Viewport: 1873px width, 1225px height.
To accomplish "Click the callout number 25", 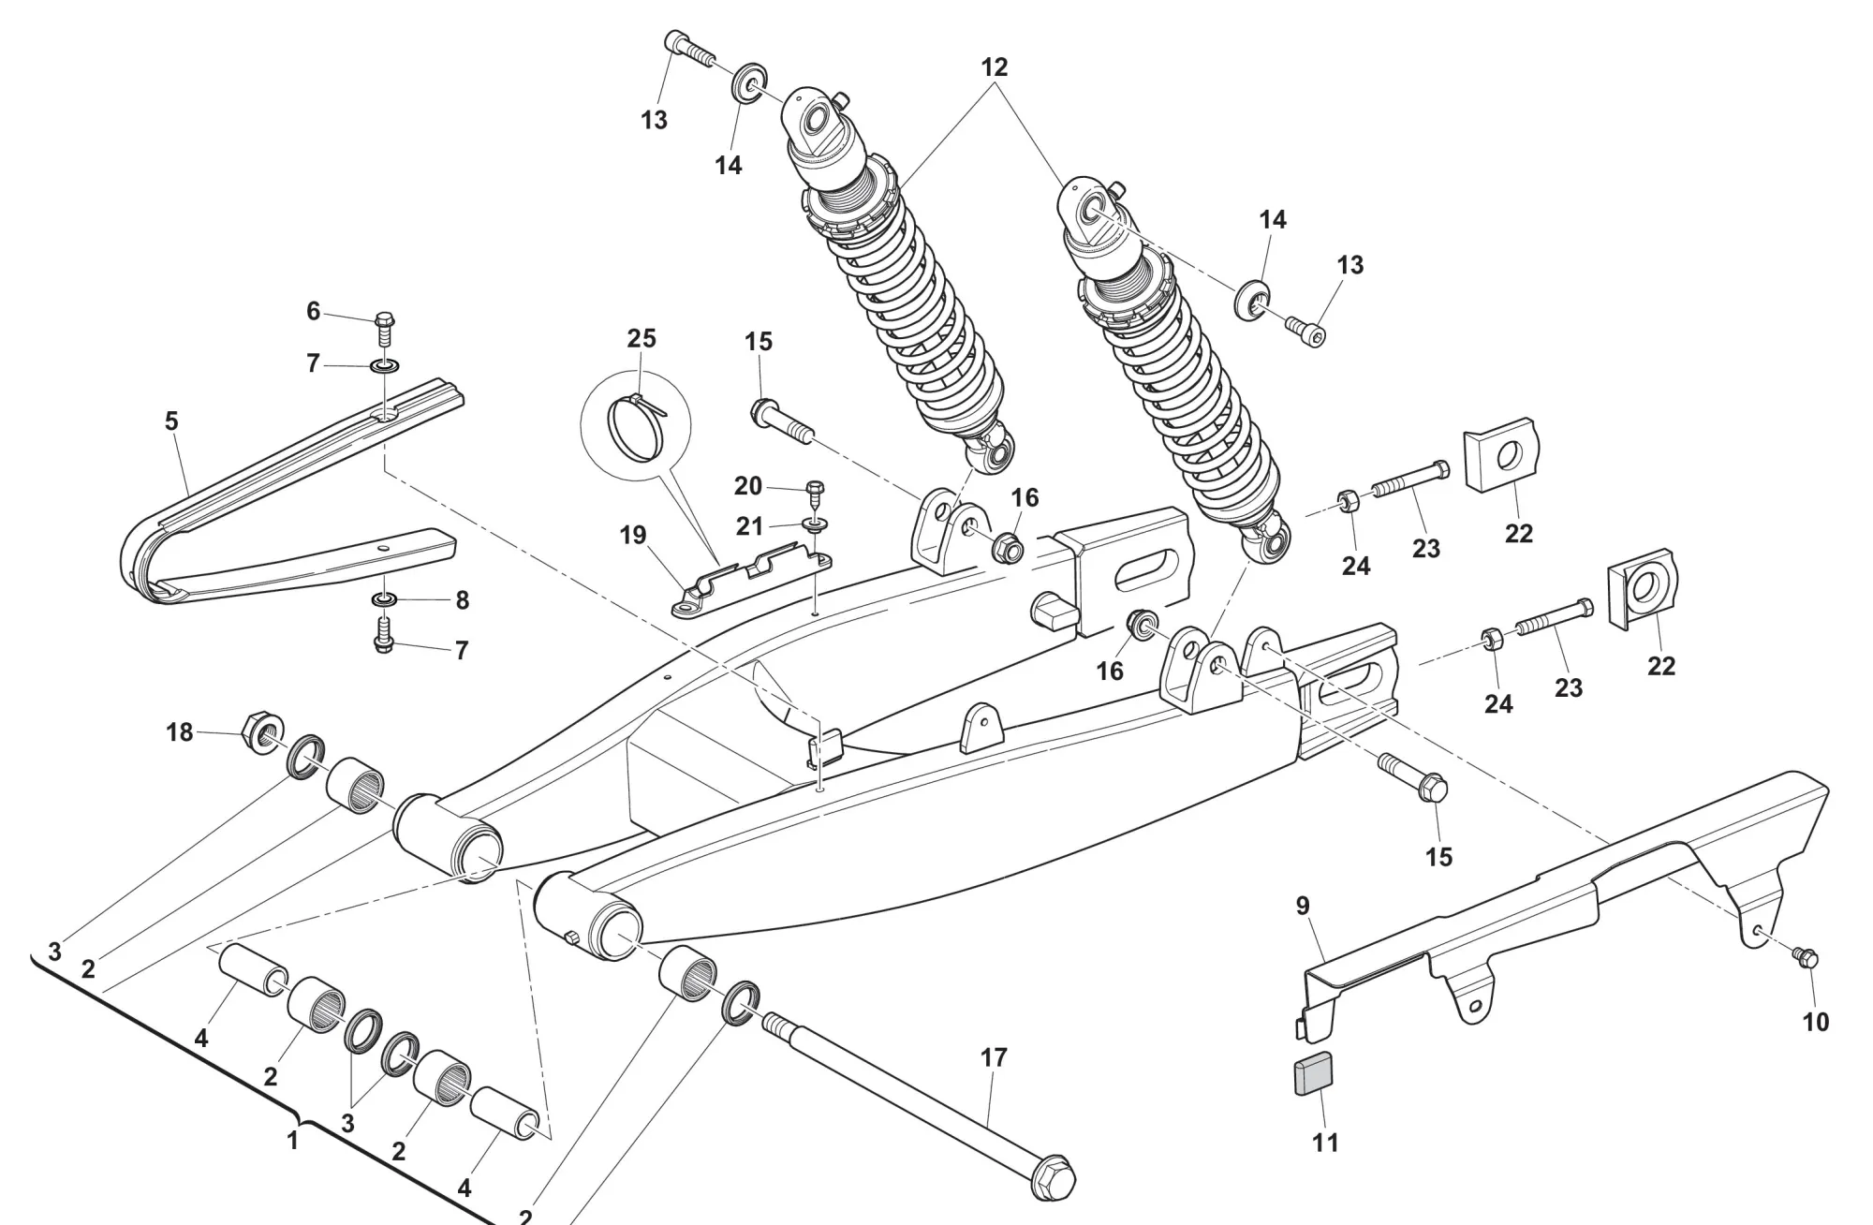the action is [642, 338].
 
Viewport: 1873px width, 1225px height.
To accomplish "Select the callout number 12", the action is [995, 67].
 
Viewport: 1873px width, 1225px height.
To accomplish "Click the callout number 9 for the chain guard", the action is [1303, 906].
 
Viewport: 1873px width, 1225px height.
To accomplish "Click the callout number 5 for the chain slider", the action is [171, 421].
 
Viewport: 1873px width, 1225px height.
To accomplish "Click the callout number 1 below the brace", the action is [292, 1141].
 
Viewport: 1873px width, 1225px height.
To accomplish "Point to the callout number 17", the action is [994, 1057].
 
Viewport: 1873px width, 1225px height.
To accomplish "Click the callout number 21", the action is [749, 526].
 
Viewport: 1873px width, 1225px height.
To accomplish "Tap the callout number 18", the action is [180, 731].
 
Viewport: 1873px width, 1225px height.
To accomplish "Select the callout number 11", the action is [1325, 1143].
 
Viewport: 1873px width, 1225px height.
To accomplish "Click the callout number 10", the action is [1816, 1022].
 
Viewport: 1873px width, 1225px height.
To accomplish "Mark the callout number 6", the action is [314, 311].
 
